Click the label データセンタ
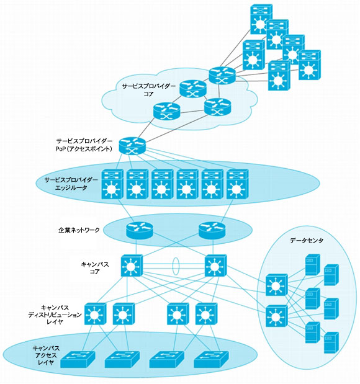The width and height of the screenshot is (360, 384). tap(307, 241)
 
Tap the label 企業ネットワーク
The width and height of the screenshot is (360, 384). tap(79, 230)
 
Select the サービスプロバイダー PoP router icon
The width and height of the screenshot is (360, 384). tap(132, 146)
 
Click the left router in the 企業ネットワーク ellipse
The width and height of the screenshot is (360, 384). tap(140, 230)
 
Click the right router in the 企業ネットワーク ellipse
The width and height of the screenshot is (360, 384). tap(212, 230)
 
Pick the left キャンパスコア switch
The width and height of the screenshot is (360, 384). tap(132, 266)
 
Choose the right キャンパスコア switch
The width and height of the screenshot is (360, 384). tap(215, 266)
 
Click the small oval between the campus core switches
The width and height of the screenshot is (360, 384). tap(176, 266)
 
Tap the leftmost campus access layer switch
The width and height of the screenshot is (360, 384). tap(78, 359)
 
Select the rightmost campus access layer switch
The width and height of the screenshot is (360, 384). tap(211, 359)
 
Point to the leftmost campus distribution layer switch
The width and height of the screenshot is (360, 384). tap(96, 314)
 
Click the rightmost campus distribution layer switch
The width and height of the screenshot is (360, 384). tap(206, 314)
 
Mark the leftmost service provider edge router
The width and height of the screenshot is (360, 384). tap(112, 184)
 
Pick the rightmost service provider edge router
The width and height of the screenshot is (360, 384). tap(238, 184)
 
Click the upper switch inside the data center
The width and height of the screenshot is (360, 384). tap(277, 285)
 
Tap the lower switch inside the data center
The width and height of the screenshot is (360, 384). tap(277, 316)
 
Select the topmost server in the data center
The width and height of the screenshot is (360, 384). tap(313, 265)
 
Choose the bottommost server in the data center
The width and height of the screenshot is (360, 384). tap(331, 342)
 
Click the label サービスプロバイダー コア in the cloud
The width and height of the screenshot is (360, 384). tap(149, 90)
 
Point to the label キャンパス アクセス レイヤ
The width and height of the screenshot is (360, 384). tap(46, 355)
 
